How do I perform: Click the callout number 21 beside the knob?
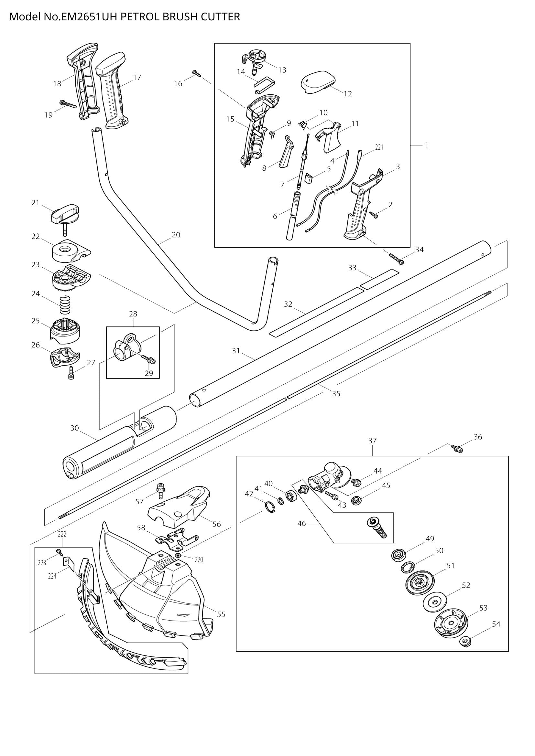(x=35, y=203)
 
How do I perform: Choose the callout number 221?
(x=379, y=147)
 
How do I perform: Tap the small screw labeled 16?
(x=196, y=73)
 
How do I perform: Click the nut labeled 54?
(x=464, y=641)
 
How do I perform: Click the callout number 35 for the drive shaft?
(x=336, y=393)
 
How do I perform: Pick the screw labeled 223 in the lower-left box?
(x=59, y=551)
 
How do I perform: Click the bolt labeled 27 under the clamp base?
(x=71, y=373)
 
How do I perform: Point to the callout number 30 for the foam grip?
(x=75, y=428)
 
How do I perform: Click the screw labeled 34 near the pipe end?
(x=396, y=259)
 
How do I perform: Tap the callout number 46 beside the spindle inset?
(x=301, y=523)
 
